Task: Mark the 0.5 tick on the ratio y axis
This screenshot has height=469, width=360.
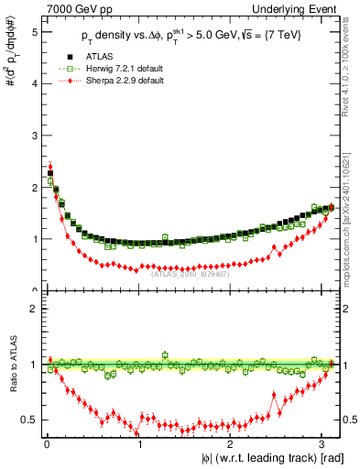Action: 31,420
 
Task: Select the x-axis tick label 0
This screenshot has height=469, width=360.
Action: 46,446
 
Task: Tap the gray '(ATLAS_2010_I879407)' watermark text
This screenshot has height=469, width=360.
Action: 190,272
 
